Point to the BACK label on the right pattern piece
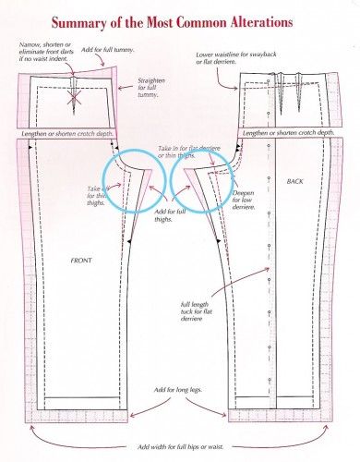coord(294,182)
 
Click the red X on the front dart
coord(69,94)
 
